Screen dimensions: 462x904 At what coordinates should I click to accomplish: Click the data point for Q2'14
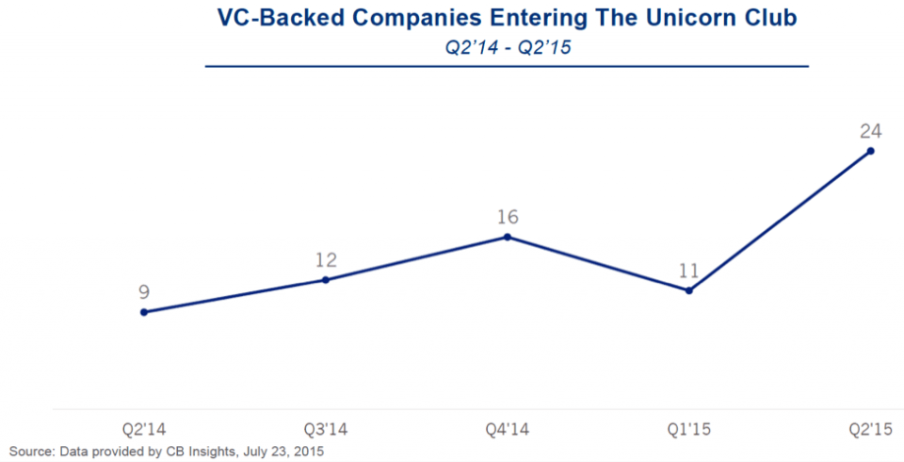click(143, 312)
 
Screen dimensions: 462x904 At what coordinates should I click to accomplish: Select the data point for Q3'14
click(325, 280)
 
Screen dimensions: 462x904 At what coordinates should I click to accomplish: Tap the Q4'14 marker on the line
click(507, 237)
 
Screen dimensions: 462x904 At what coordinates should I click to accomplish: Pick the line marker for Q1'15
click(688, 290)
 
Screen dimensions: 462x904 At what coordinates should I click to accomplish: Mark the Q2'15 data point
click(870, 151)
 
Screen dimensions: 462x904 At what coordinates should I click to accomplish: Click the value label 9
click(143, 293)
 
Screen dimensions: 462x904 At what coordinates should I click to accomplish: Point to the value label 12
click(326, 260)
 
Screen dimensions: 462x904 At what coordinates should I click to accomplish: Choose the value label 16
click(508, 217)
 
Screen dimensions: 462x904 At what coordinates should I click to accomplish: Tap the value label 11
click(688, 272)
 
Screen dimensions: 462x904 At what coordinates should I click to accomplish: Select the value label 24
click(870, 131)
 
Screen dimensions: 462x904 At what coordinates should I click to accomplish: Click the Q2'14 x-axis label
click(143, 429)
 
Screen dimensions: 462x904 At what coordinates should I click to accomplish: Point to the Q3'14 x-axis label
click(326, 429)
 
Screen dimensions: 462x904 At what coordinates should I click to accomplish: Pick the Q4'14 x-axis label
click(508, 429)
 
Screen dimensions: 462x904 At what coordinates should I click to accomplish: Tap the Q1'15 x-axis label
click(689, 429)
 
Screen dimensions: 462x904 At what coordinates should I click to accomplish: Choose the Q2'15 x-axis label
click(870, 429)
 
